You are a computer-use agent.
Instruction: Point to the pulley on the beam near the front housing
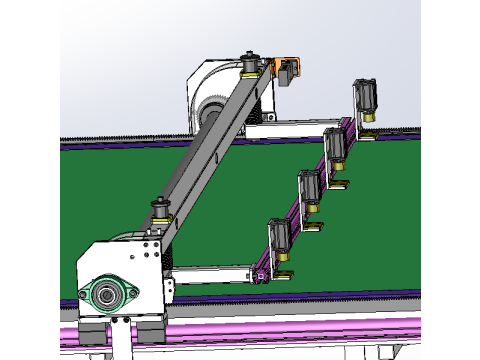[x=159, y=211]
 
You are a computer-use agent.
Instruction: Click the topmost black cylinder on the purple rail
[x=364, y=97]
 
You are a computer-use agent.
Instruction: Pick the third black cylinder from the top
[x=309, y=187]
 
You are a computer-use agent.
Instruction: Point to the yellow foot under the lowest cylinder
[x=286, y=273]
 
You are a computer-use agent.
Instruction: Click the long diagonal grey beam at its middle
[x=205, y=150]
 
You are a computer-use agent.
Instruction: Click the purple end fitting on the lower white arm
[x=262, y=272]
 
